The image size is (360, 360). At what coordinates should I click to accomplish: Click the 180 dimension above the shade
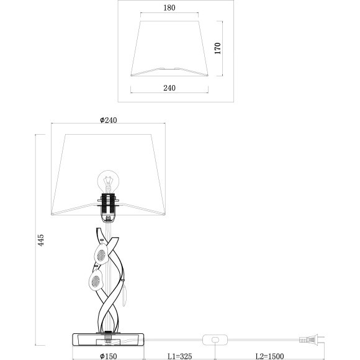pos(169,8)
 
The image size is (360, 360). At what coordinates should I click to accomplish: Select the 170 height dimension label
pos(218,48)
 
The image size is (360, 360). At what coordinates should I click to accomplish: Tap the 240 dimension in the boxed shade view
pos(169,88)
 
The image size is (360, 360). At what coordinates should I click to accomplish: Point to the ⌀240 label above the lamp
pos(109,120)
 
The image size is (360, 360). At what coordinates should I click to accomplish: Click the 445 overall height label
pos(40,240)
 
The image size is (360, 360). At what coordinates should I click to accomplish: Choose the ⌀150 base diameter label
pos(109,356)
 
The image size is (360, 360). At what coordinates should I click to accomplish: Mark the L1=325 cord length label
pos(180,356)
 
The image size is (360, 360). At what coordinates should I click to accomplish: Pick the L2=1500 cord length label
pos(270,356)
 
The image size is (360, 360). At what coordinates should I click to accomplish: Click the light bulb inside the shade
pos(109,181)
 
